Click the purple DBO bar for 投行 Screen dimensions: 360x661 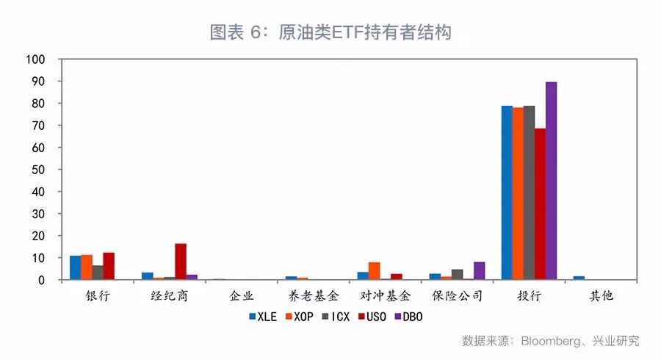pos(551,181)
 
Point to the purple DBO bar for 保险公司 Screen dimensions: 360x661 pos(479,271)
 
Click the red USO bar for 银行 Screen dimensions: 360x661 pos(109,266)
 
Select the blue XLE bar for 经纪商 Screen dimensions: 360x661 pos(147,276)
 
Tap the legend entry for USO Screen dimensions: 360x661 pos(372,317)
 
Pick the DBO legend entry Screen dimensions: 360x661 pos(408,317)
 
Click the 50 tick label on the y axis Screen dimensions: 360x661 pos(38,170)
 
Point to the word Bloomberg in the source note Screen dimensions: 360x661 pos(552,341)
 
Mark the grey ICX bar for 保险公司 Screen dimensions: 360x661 pos(457,275)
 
